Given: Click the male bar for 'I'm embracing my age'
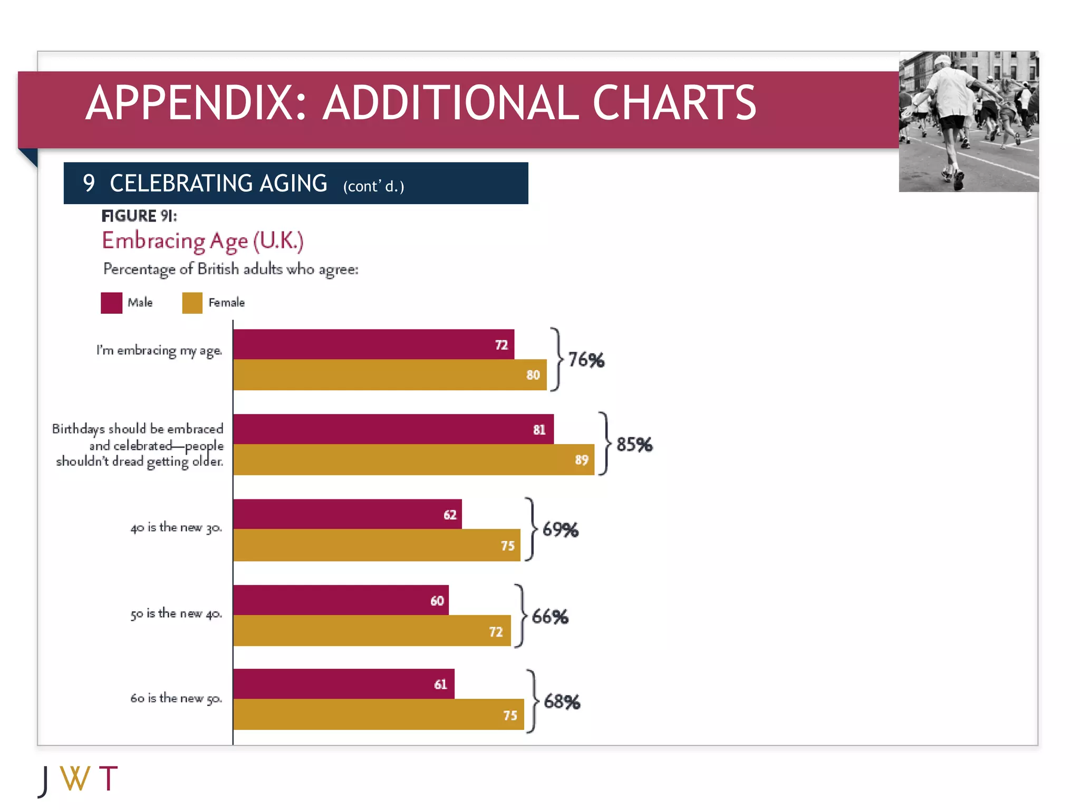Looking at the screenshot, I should (x=373, y=344).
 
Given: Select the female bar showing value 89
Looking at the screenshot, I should (x=413, y=460).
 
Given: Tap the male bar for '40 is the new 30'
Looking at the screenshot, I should (x=347, y=514).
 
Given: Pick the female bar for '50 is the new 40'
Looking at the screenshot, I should (x=372, y=631).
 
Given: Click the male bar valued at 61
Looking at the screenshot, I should (x=343, y=684).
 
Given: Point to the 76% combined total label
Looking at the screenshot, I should (x=586, y=360).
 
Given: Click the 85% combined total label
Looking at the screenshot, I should (x=634, y=445).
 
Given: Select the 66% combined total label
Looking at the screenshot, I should (x=550, y=616).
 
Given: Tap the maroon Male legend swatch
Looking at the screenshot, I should (x=111, y=303).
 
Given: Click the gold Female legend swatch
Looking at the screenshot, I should (x=192, y=303).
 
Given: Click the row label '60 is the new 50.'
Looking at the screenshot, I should (x=176, y=698).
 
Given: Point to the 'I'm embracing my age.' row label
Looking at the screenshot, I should (x=159, y=351).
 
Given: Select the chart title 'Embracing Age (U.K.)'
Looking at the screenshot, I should (x=202, y=241).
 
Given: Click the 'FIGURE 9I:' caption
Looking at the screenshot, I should (x=139, y=216).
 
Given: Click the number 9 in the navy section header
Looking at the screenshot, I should (x=89, y=183).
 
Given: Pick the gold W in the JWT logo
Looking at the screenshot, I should (x=75, y=778).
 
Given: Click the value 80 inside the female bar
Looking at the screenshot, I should (x=533, y=375).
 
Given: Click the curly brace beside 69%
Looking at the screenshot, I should (x=532, y=528).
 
